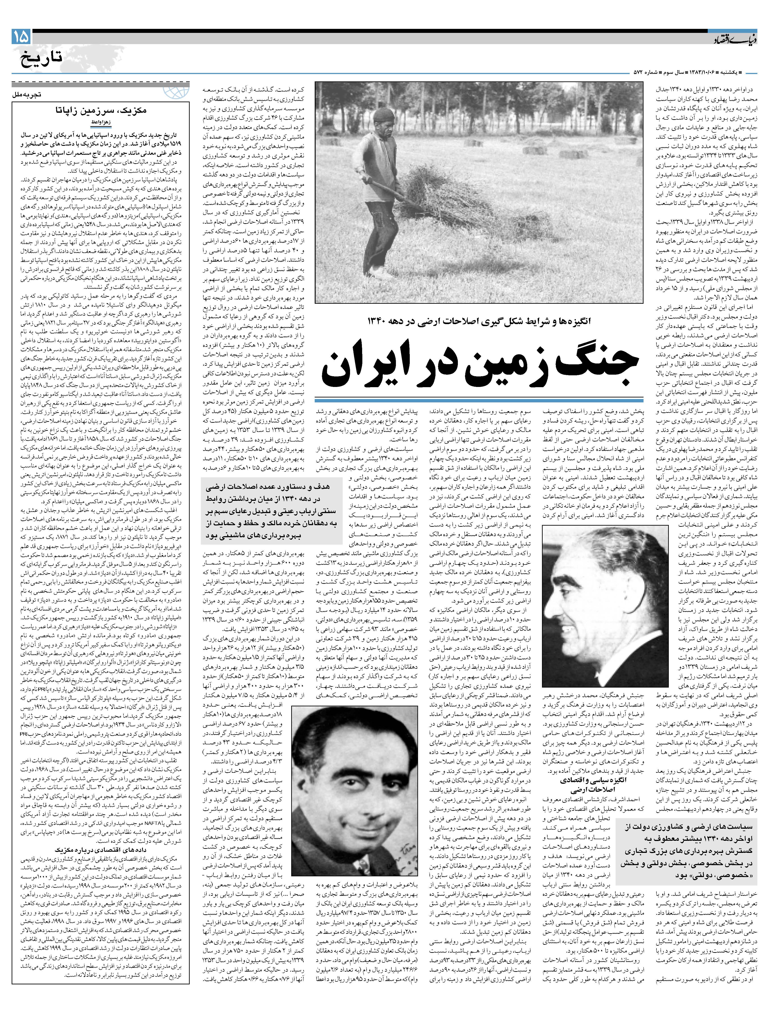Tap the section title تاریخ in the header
[x=41, y=59]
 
